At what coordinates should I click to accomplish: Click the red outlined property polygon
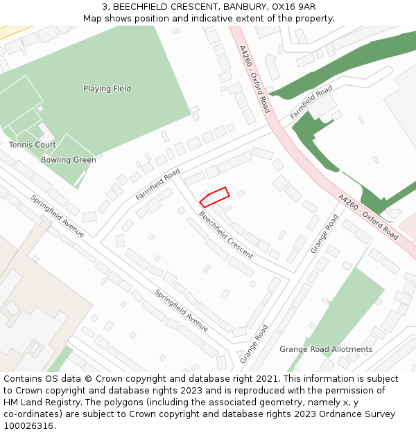[214, 197]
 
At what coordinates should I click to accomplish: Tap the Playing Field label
[107, 89]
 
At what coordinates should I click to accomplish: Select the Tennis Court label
[32, 145]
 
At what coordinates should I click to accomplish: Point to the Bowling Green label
[68, 160]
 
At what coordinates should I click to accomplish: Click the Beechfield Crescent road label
[226, 236]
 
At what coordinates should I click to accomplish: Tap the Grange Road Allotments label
[326, 349]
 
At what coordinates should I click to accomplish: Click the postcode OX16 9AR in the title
[293, 6]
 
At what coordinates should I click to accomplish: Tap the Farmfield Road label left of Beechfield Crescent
[157, 184]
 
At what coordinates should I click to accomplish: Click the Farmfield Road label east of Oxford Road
[311, 103]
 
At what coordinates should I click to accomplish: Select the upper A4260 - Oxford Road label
[254, 79]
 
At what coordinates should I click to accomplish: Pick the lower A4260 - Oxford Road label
[368, 217]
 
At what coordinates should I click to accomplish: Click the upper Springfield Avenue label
[57, 215]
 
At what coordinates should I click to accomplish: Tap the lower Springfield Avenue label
[182, 310]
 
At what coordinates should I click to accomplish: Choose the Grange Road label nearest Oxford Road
[324, 233]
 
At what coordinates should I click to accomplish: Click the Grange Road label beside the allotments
[254, 344]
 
